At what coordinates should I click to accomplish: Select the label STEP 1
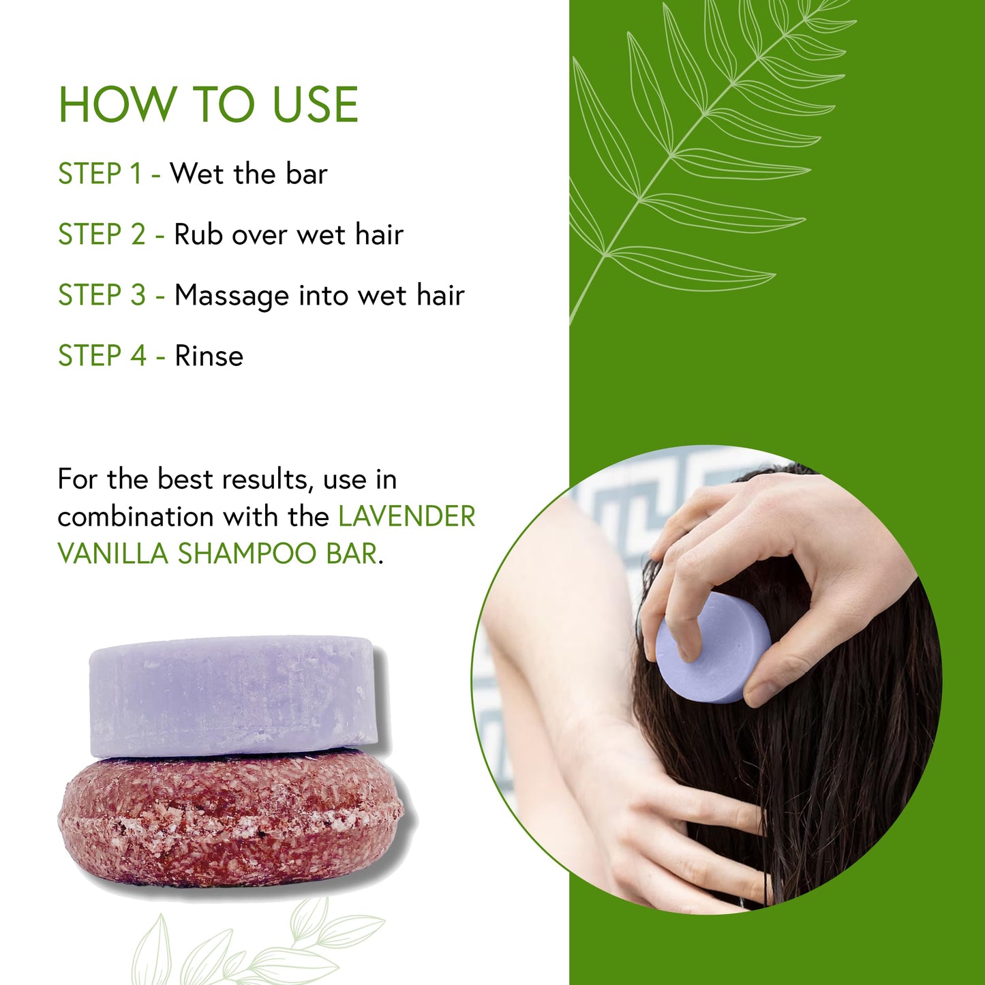point(100,173)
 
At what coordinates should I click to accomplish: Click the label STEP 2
point(102,234)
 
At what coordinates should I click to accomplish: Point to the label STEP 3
point(102,295)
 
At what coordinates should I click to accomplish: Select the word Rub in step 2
point(198,234)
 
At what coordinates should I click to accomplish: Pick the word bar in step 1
point(306,173)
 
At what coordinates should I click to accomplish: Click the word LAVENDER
point(407,516)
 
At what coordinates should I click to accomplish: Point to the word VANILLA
point(113,554)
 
